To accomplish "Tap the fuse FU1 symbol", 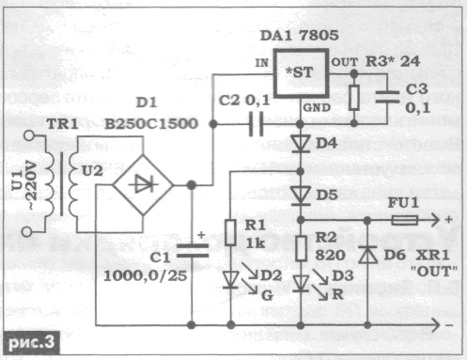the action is [x=404, y=220].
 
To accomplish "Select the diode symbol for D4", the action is [x=301, y=144].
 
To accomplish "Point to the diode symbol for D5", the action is [x=301, y=196].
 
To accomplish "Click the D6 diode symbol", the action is [x=367, y=255].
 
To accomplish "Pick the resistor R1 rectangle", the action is [x=230, y=232].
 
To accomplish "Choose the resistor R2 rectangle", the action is [x=301, y=249].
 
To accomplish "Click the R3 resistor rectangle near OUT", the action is [x=354, y=98].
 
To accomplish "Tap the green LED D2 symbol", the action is [x=231, y=280].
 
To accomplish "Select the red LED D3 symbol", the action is [x=301, y=284].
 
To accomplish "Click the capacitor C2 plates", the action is [x=257, y=124].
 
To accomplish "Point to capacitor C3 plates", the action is [x=387, y=97].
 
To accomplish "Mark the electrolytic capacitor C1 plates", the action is [x=192, y=251].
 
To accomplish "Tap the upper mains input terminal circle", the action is [x=29, y=135].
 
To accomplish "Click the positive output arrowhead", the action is [x=436, y=220].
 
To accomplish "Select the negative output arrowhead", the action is [x=436, y=325].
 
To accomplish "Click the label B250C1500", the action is [x=151, y=124].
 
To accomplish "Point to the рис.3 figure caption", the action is [x=31, y=342].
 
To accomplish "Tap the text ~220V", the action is [x=32, y=180].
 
